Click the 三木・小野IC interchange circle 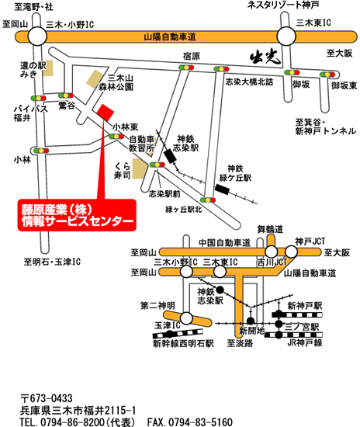point(37,36)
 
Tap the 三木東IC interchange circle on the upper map point(286,36)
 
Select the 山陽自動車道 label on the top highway point(170,36)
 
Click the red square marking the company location point(106,113)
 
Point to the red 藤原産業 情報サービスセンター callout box point(77,215)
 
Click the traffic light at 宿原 point(186,68)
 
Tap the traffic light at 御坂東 point(327,75)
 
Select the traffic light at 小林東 point(116,136)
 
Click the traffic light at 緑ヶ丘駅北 point(208,200)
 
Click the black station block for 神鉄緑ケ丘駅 point(223,189)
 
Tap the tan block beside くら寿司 point(140,168)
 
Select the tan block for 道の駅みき point(48,68)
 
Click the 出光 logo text point(265,57)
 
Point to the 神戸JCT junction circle point(291,252)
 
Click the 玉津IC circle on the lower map point(186,318)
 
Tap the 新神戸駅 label point(305,306)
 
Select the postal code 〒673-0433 point(47,398)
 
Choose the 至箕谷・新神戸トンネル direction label point(326,127)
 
